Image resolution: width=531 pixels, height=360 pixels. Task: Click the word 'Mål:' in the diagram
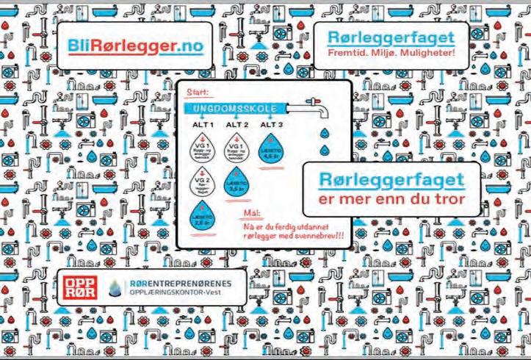pyautogui.click(x=253, y=214)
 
